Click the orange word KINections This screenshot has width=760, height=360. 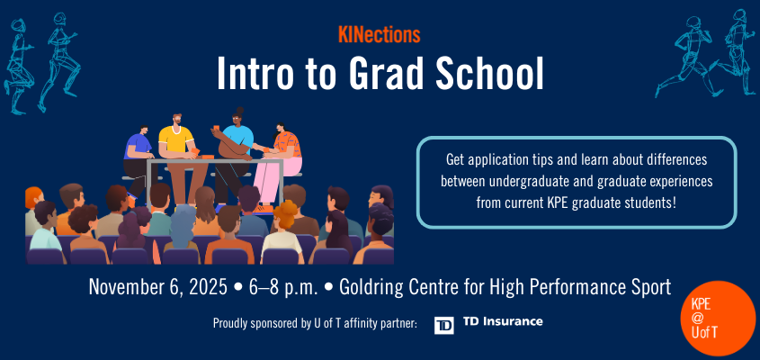click(x=379, y=37)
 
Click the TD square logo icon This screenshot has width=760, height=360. click(x=443, y=324)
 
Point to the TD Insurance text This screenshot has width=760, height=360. click(x=502, y=322)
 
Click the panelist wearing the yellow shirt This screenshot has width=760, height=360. click(x=176, y=144)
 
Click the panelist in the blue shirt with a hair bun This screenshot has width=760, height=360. click(x=236, y=144)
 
